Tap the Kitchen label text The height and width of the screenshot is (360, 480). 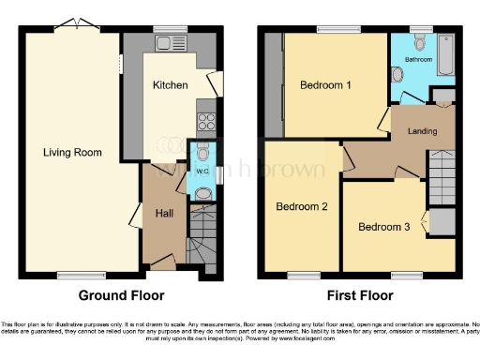[171, 85]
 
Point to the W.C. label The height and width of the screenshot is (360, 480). [201, 172]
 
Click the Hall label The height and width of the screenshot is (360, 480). [165, 213]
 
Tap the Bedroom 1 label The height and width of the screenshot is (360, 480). [325, 85]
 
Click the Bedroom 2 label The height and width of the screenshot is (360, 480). [301, 207]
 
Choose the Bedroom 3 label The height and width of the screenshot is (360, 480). [383, 226]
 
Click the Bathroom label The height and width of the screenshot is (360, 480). [418, 59]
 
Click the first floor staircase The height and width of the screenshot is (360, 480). [441, 178]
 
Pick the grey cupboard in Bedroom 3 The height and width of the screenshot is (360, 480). [442, 222]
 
